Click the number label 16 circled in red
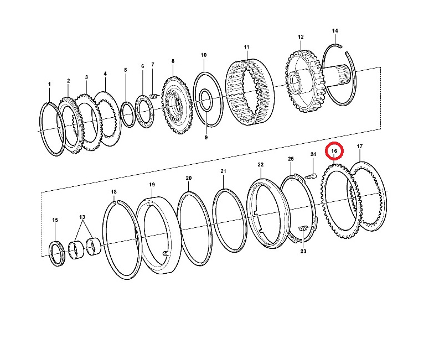(x=334, y=151)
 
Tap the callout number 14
(x=335, y=31)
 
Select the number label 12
(x=301, y=37)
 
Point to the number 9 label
(x=206, y=138)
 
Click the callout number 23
(x=303, y=251)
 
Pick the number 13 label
(x=82, y=217)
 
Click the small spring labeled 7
(x=154, y=96)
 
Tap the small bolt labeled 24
(x=311, y=176)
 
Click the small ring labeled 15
(x=58, y=253)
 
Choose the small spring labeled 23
(x=304, y=228)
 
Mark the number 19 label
(x=152, y=185)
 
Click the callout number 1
(x=49, y=84)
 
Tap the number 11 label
(x=246, y=47)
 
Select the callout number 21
(x=223, y=171)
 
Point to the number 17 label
(x=359, y=147)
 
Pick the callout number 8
(x=173, y=61)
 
